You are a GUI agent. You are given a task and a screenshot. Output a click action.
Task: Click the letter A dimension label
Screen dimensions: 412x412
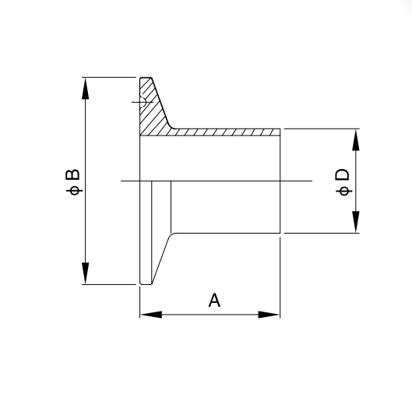[x=214, y=301]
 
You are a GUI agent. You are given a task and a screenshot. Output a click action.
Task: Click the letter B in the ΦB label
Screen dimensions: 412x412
[x=72, y=174]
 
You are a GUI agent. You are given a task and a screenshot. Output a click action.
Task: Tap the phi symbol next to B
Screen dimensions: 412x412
[x=74, y=191]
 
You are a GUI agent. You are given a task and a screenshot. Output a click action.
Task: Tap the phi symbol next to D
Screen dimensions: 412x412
[x=344, y=191]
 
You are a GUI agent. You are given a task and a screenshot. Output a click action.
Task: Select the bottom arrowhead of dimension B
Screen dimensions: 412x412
[x=85, y=273]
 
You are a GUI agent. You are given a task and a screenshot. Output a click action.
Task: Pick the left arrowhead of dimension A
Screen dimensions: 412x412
[x=151, y=315]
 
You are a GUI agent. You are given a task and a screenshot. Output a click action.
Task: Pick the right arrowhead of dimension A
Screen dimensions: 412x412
[x=269, y=315]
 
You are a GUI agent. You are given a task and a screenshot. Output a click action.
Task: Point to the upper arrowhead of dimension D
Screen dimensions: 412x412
[x=356, y=139]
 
